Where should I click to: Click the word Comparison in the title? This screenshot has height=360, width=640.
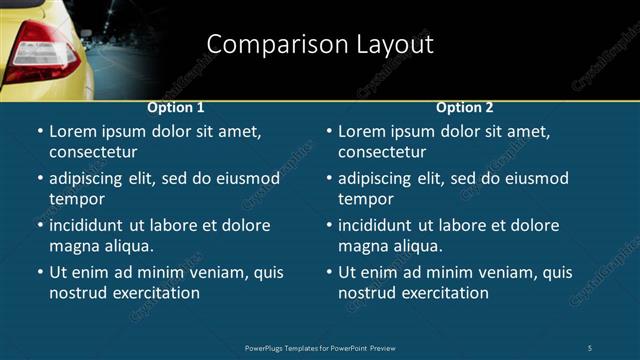coord(264,45)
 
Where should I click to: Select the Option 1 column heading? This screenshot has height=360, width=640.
coord(176,108)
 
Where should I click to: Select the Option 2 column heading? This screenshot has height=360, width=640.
coord(465,108)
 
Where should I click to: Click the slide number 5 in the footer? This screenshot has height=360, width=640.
coord(590,347)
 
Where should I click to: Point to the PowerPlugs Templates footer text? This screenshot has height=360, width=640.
coord(320,347)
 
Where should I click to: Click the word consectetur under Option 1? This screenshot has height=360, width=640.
coord(93,152)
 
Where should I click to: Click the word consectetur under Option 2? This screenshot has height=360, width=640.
coord(382,152)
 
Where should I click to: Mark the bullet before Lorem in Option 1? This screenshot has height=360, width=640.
coord(39,132)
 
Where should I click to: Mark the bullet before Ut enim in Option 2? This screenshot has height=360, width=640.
coord(328,273)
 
